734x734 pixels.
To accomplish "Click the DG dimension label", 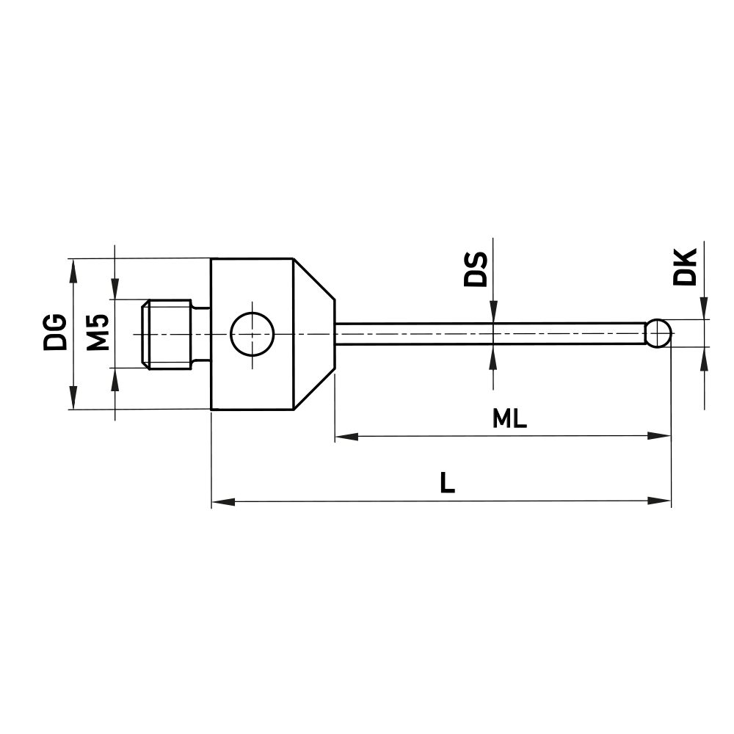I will [x=54, y=332].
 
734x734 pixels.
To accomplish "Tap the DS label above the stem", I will [x=476, y=269].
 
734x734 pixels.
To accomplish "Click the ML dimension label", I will [x=510, y=419].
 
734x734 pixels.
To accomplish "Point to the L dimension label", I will [x=447, y=484].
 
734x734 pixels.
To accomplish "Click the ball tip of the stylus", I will [x=658, y=333].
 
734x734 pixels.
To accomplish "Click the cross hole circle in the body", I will [x=252, y=333].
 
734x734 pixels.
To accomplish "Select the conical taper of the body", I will [x=314, y=333].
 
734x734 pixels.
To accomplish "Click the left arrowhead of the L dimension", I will [x=222, y=501].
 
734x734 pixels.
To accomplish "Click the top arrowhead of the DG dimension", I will [x=72, y=269].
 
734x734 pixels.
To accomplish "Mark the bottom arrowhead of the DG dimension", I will [x=72, y=399].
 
